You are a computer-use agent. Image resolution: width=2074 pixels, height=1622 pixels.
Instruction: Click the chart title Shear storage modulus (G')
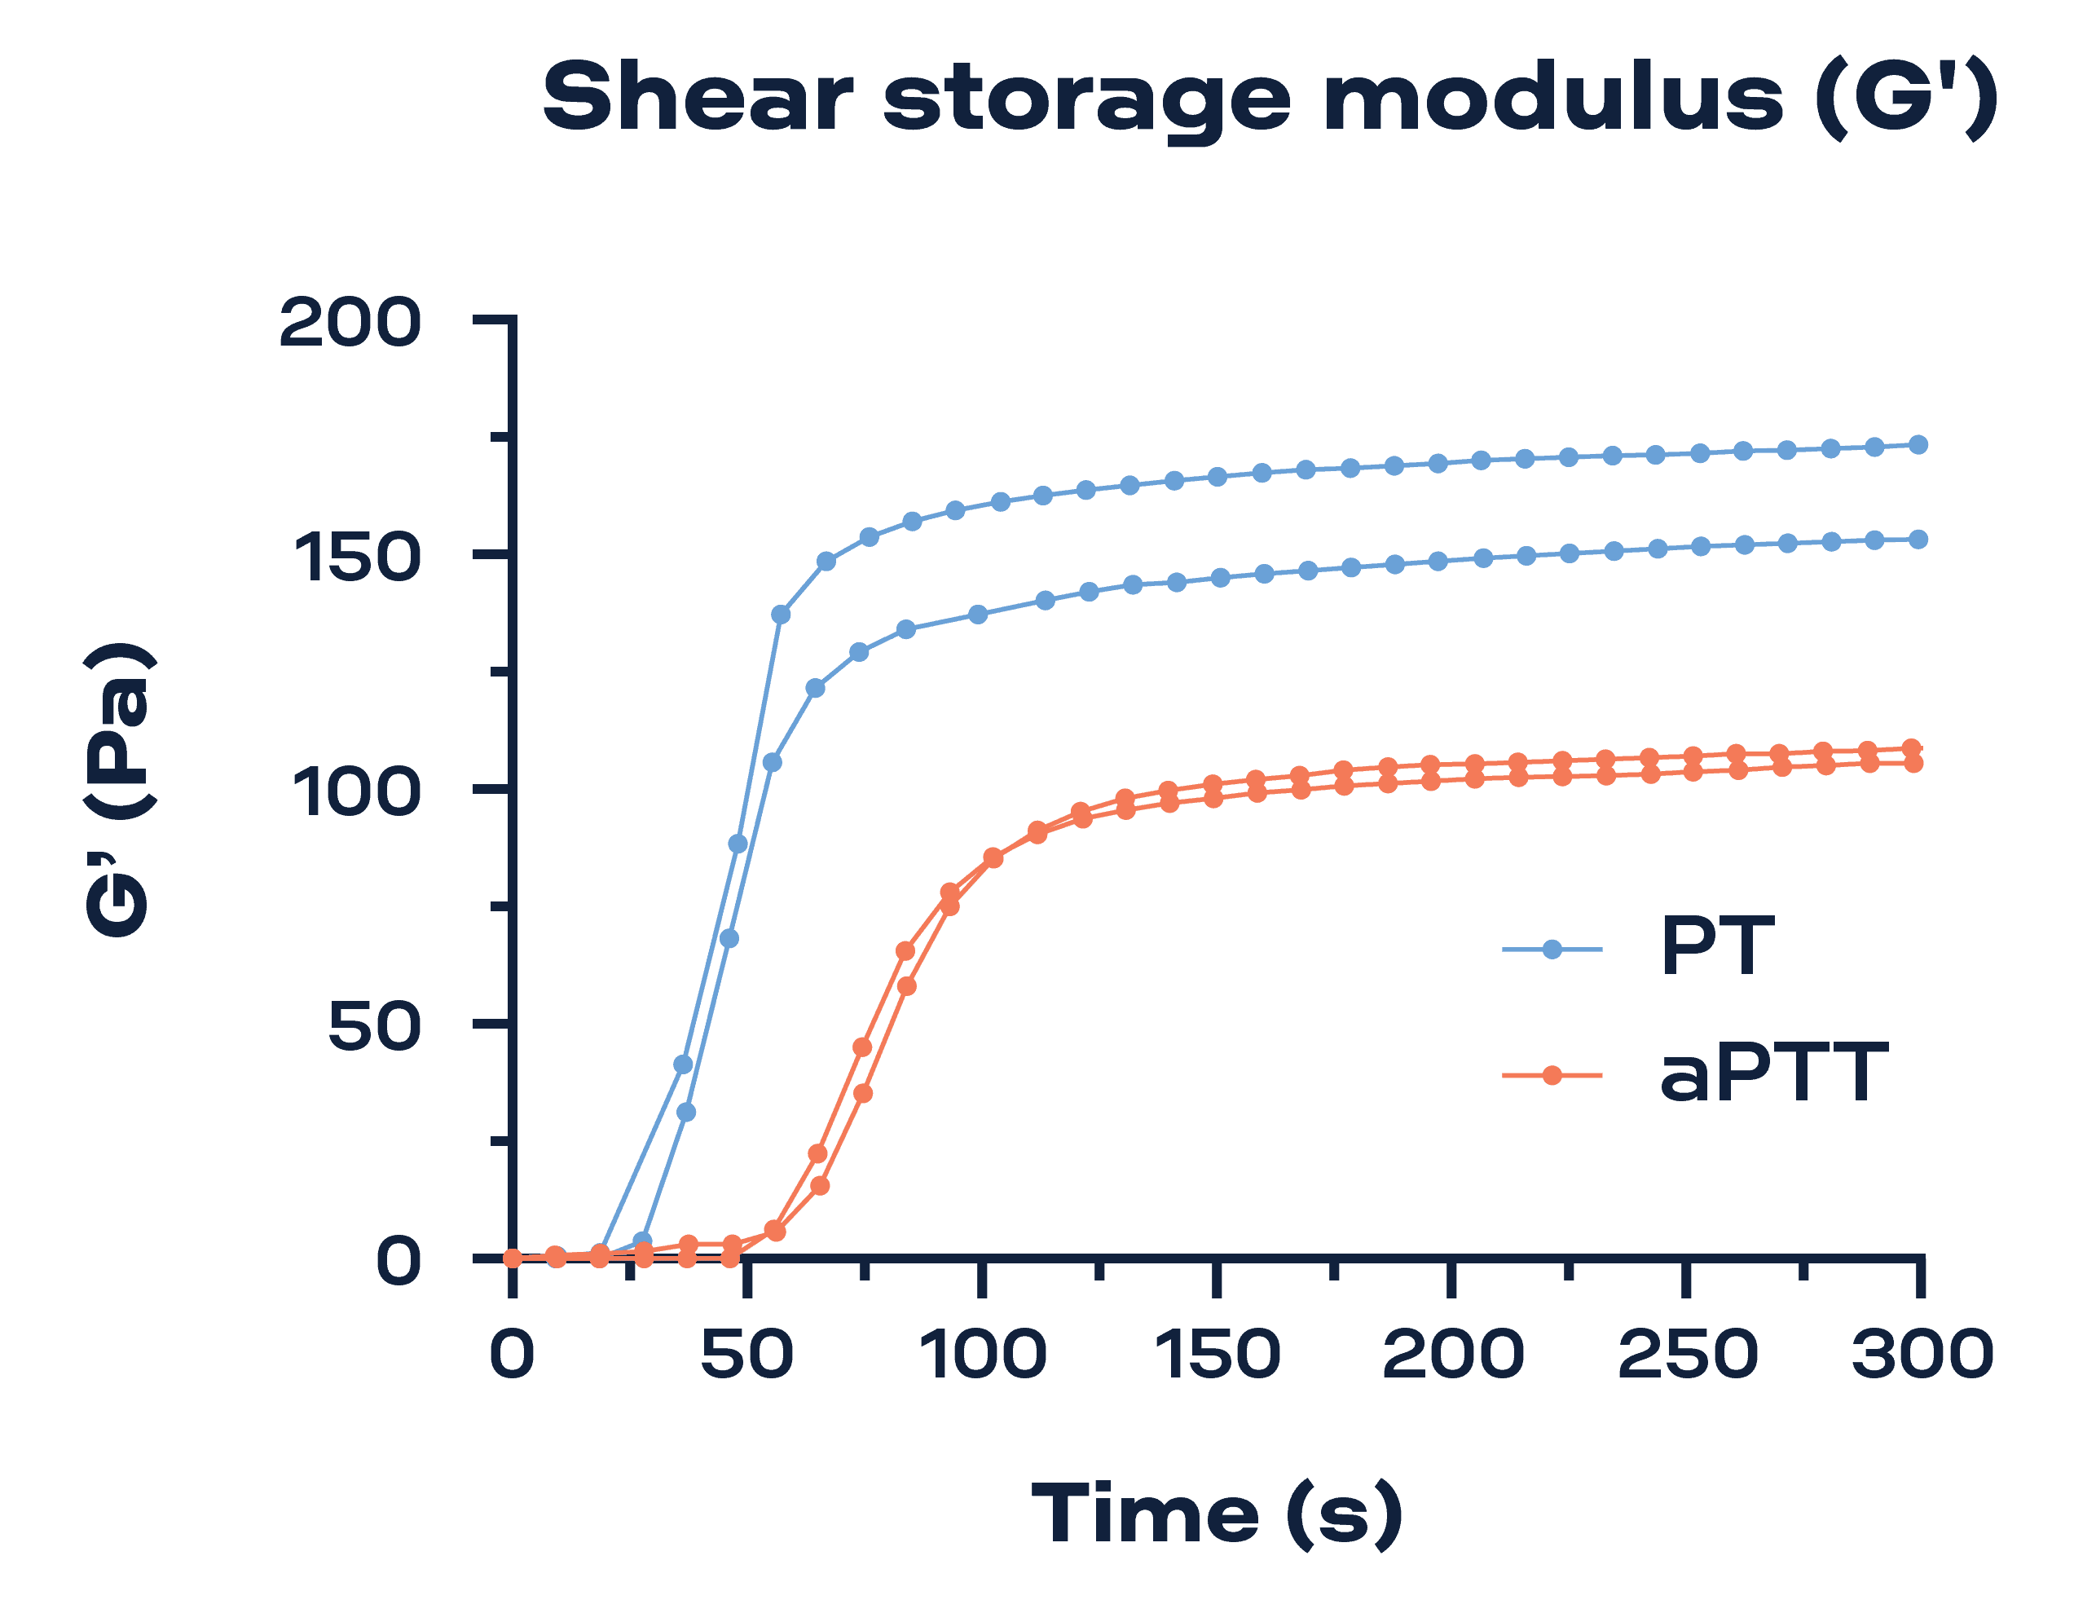pyautogui.click(x=1270, y=98)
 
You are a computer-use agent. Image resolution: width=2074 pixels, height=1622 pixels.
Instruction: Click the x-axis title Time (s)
pyautogui.click(x=1217, y=1514)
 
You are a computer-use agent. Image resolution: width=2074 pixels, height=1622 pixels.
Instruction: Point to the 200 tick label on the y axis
pyautogui.click(x=350, y=323)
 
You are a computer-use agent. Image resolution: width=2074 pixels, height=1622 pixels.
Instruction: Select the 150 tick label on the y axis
pyautogui.click(x=356, y=558)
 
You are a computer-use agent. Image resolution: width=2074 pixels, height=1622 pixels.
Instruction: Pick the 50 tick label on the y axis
pyautogui.click(x=374, y=1025)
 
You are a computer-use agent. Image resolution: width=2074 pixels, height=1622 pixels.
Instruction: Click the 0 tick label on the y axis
pyautogui.click(x=398, y=1261)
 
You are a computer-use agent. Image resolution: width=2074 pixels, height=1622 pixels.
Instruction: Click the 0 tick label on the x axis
pyautogui.click(x=512, y=1354)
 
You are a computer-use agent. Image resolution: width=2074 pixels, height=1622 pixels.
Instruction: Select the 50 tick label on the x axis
pyautogui.click(x=746, y=1354)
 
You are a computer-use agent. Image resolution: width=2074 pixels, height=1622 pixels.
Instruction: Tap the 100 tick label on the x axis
pyautogui.click(x=983, y=1354)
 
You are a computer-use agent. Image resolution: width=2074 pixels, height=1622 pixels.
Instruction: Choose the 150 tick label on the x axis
pyautogui.click(x=1217, y=1354)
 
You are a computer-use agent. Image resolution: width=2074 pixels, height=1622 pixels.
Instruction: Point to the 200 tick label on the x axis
pyautogui.click(x=1452, y=1354)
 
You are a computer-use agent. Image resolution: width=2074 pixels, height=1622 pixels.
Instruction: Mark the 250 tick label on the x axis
pyautogui.click(x=1687, y=1354)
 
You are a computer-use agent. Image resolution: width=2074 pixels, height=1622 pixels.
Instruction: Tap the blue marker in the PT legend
pyautogui.click(x=1552, y=950)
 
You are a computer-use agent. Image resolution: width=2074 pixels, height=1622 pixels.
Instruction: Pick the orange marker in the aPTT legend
pyautogui.click(x=1552, y=1075)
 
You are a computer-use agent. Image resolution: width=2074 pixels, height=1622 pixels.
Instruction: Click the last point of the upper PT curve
pyautogui.click(x=1918, y=444)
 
